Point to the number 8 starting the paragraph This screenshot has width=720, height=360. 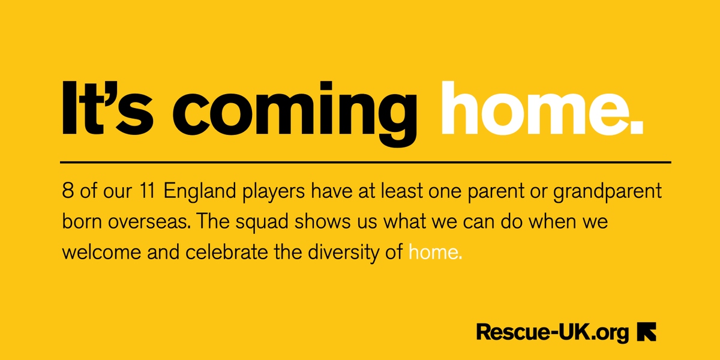click(x=67, y=193)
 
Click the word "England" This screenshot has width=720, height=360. click(x=197, y=194)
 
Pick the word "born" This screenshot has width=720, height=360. click(x=80, y=223)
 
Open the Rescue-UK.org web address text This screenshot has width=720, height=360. click(x=553, y=331)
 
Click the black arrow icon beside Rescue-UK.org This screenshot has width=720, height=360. click(x=647, y=332)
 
